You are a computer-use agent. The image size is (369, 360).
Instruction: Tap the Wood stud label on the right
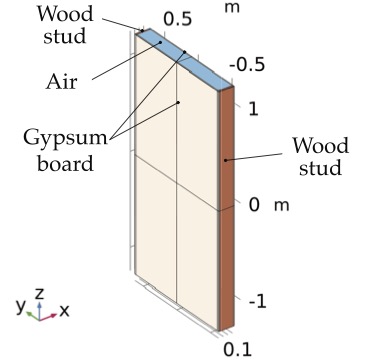pos(321,157)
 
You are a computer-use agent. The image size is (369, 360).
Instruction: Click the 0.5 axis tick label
pos(177,18)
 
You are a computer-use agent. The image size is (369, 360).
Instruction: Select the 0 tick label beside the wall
pos(255,204)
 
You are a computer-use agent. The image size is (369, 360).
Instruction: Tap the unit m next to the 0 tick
pos(281,205)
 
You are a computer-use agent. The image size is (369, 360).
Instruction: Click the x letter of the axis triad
pos(64,311)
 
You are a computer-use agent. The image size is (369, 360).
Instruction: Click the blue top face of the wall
pos(185,57)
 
